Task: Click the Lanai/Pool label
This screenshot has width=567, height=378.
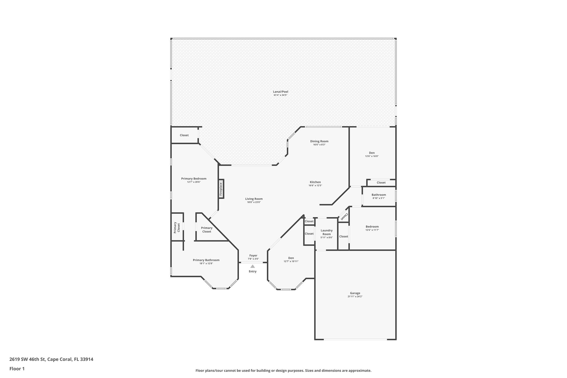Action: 281,92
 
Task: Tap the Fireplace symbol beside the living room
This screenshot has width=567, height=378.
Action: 221,189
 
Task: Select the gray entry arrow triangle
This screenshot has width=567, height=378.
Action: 252,266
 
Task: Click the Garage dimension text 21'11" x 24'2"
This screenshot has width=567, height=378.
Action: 355,296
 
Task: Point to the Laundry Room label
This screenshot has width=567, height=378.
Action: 327,232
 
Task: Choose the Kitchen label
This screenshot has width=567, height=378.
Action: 315,182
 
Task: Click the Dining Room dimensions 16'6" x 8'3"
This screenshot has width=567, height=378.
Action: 319,145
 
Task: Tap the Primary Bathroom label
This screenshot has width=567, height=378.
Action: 206,260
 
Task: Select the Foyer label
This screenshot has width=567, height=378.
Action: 253,256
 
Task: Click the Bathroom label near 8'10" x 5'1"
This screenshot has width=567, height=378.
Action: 379,195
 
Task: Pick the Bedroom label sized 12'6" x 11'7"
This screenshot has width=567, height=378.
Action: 372,227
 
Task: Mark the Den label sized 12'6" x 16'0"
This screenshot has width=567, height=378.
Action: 372,153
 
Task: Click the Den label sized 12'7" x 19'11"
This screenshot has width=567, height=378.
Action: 291,258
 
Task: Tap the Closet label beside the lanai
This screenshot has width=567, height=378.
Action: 184,135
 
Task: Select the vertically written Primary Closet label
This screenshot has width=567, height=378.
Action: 177,227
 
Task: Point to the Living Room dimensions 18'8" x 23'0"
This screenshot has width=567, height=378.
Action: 254,202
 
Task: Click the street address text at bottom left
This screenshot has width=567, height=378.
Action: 51,359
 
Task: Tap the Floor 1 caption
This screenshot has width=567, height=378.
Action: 17,369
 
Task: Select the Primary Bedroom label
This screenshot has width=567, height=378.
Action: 194,179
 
